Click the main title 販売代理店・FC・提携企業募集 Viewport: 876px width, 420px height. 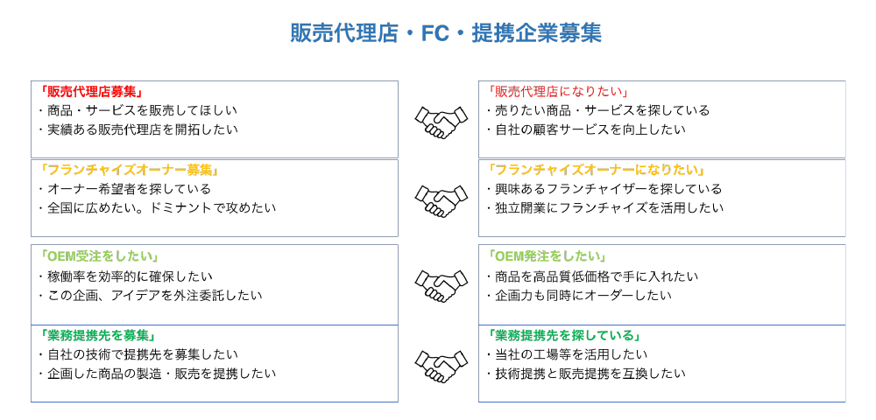click(x=446, y=33)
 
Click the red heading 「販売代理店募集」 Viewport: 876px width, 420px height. click(x=94, y=91)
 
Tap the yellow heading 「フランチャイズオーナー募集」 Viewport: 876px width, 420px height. click(x=129, y=169)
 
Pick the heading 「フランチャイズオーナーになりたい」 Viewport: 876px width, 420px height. click(x=596, y=169)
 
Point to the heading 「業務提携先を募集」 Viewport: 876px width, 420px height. click(x=97, y=335)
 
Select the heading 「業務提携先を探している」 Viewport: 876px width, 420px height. click(x=563, y=335)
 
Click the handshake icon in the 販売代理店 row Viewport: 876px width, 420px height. click(x=441, y=122)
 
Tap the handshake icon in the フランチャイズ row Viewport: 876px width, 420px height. click(x=441, y=200)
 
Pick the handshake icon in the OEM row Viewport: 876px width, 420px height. click(x=441, y=286)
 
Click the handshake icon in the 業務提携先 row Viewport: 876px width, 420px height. click(x=441, y=367)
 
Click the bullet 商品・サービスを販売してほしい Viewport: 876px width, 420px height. click(x=139, y=110)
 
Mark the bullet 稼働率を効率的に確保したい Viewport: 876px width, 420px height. click(x=126, y=276)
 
